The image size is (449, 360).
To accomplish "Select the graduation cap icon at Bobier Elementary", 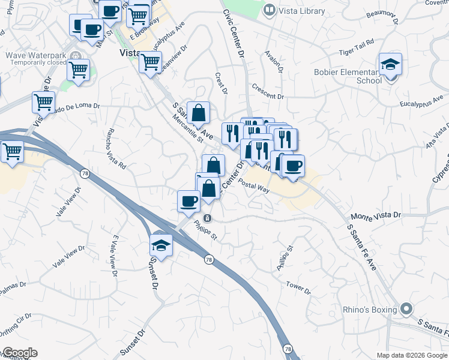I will (390, 65).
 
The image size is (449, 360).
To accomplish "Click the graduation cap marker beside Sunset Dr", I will (161, 244).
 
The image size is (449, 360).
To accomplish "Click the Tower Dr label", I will (298, 288).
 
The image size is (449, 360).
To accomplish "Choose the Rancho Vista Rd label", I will (116, 148).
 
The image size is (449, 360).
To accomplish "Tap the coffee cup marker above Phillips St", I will (188, 200).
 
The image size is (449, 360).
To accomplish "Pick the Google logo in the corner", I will (19, 353).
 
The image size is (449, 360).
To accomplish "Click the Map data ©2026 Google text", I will (412, 355).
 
